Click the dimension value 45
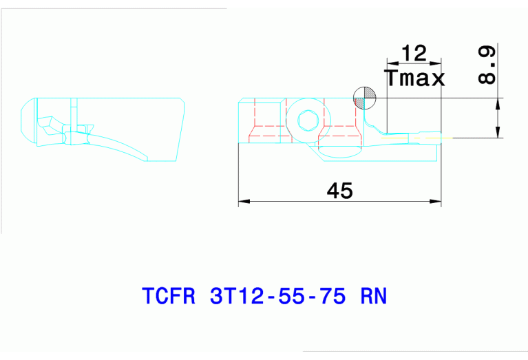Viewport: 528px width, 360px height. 339,191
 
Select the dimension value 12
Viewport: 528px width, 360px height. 414,53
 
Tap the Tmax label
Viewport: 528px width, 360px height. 415,78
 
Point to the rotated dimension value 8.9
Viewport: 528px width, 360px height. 486,66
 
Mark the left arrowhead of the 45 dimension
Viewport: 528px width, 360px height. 243,202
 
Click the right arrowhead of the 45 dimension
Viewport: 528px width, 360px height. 435,202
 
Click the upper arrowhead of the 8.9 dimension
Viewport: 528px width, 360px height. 497,104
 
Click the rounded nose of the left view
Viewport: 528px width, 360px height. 25,124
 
